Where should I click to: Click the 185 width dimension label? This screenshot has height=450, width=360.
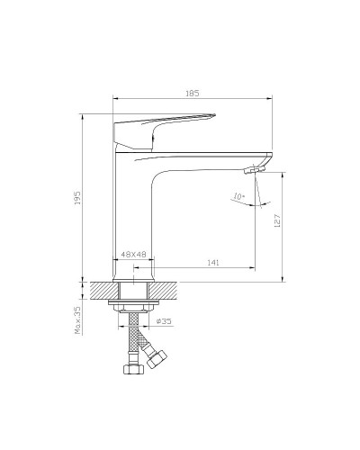pos(193,94)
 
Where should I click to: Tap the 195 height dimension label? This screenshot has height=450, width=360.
pos(77,198)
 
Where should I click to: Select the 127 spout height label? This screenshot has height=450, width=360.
pos(277,220)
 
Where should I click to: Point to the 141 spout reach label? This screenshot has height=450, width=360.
pos(213,263)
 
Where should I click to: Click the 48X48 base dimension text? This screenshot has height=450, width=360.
pos(133,255)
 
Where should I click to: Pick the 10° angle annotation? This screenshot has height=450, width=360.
pos(239,196)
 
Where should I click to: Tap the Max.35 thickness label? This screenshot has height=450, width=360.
pos(77,320)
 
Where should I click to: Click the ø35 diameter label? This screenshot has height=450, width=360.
pos(164,321)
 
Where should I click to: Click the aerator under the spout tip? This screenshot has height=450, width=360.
pos(254,170)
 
